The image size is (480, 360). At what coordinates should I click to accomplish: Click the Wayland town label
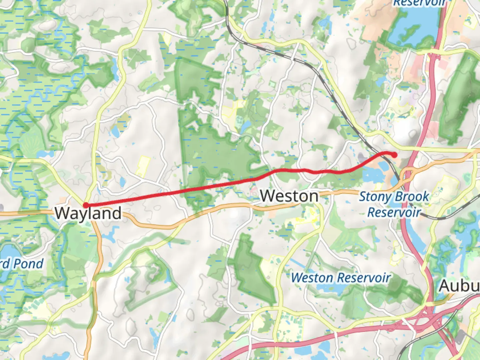[x=88, y=213]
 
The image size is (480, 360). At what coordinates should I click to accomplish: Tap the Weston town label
[x=289, y=196]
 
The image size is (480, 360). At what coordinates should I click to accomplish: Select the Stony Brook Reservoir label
[x=394, y=204]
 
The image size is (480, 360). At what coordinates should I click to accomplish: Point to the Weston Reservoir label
[x=341, y=278]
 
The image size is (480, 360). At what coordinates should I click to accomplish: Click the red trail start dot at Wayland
[x=86, y=205]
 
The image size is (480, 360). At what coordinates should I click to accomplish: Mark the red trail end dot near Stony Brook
[x=394, y=155]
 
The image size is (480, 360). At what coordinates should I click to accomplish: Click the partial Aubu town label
[x=459, y=286]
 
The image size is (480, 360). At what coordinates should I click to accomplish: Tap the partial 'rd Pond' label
[x=22, y=264]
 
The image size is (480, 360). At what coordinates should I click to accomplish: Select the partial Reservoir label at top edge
[x=419, y=3]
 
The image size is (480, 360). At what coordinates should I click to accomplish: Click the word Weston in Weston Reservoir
[x=312, y=278]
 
